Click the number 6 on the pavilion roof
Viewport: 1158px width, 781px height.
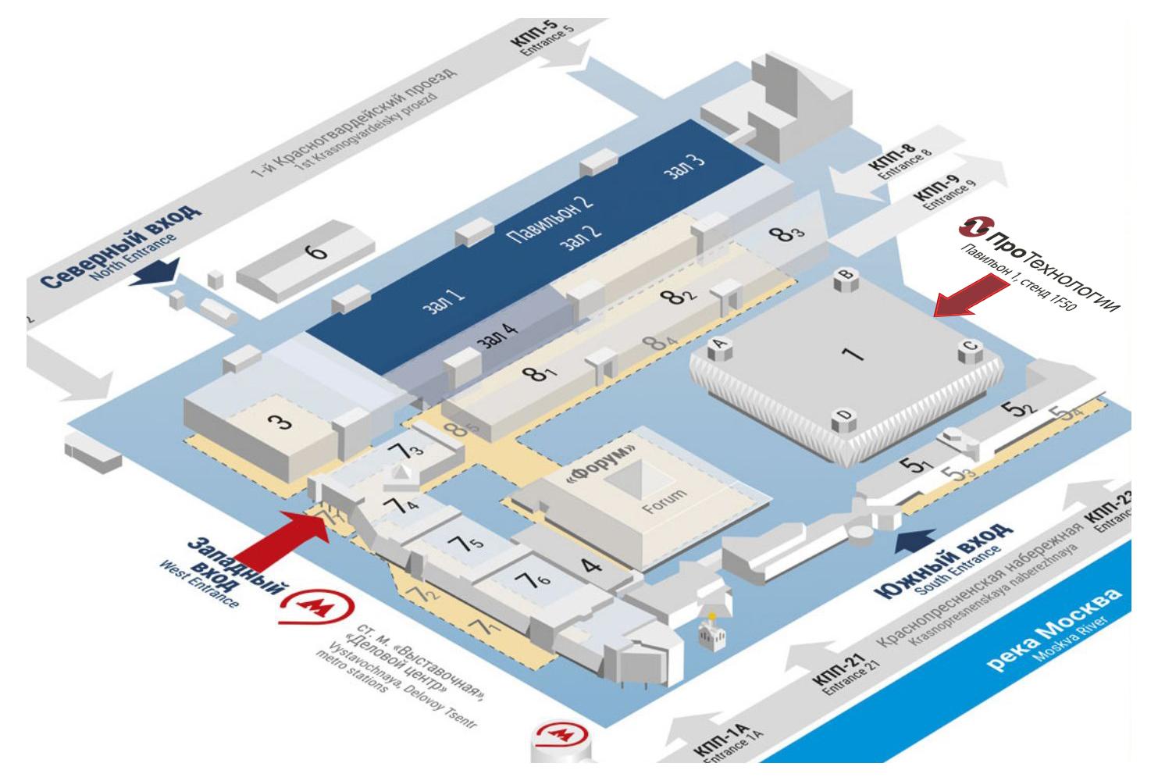coord(316,252)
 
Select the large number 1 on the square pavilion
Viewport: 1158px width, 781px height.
coord(853,354)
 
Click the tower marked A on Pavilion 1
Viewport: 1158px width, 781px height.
coord(719,348)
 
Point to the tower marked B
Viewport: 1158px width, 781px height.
coord(843,277)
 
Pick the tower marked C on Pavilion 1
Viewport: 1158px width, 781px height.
coord(970,351)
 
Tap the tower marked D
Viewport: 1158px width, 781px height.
coord(842,422)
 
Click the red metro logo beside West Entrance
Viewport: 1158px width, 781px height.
coord(316,608)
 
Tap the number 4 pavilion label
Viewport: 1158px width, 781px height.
coord(593,564)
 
